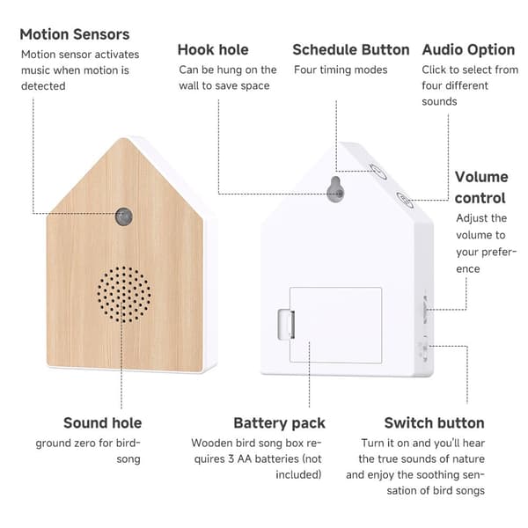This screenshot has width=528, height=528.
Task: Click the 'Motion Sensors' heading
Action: pyautogui.click(x=75, y=34)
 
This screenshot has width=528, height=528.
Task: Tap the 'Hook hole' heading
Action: pyautogui.click(x=213, y=50)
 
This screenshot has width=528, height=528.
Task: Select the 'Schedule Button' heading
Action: pyautogui.click(x=351, y=50)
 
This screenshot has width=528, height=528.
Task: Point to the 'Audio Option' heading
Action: pyautogui.click(x=468, y=50)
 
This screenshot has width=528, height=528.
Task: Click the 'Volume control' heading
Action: pyautogui.click(x=481, y=187)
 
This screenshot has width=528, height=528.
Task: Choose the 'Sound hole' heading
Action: pyautogui.click(x=102, y=423)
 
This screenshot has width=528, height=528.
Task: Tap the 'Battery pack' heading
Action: pyautogui.click(x=279, y=423)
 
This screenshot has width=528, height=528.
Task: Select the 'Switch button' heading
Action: pyautogui.click(x=434, y=423)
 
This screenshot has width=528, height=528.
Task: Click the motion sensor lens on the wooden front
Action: pyautogui.click(x=124, y=216)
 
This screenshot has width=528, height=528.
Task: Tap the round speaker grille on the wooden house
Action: pyautogui.click(x=124, y=294)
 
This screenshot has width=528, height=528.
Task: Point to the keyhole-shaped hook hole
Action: pyautogui.click(x=336, y=189)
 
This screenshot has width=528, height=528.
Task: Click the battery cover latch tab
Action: pyautogui.click(x=286, y=324)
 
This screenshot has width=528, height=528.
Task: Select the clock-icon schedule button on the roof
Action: pyautogui.click(x=378, y=172)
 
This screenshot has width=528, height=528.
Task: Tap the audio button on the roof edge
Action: pyautogui.click(x=404, y=200)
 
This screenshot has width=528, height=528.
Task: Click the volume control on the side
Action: pyautogui.click(x=425, y=309)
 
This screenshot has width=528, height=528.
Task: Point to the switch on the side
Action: pyautogui.click(x=424, y=352)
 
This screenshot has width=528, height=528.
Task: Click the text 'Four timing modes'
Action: pyautogui.click(x=341, y=70)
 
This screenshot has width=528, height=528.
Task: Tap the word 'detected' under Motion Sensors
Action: pyautogui.click(x=43, y=86)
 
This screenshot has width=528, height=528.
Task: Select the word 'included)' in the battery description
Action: pyautogui.click(x=298, y=475)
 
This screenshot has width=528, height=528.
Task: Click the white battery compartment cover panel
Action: pyautogui.click(x=335, y=325)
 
